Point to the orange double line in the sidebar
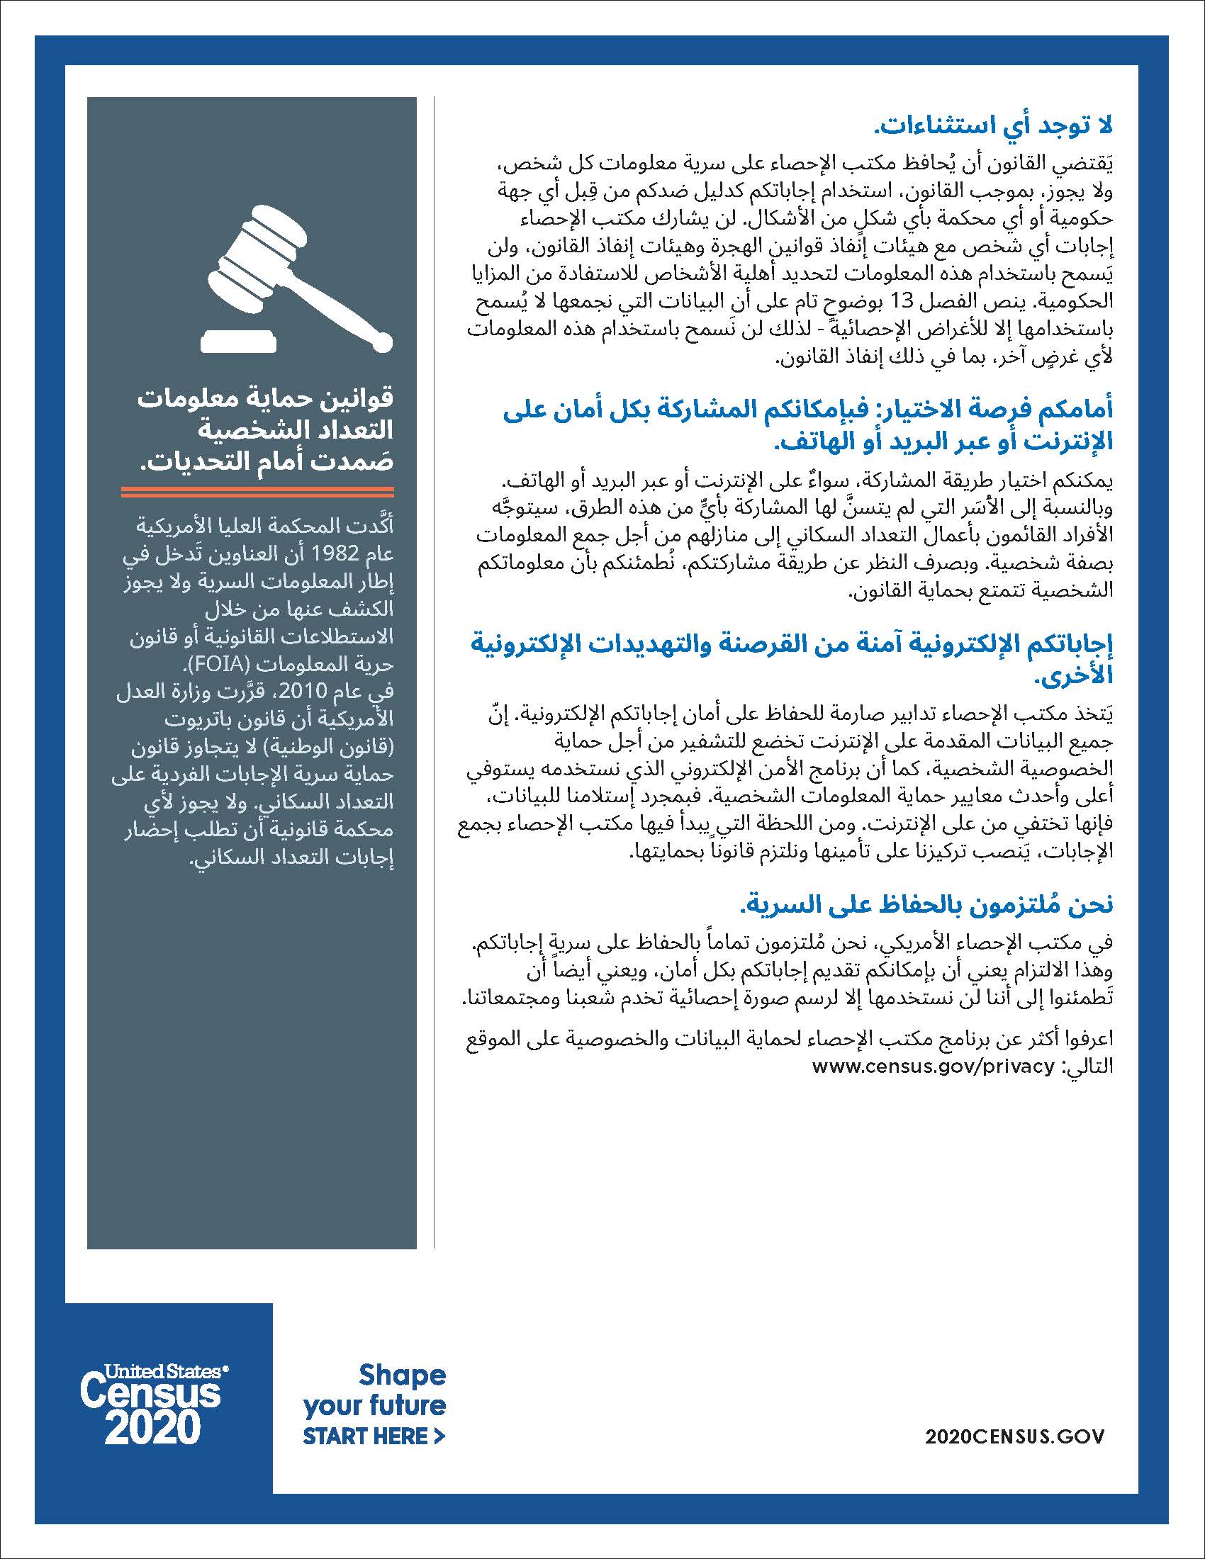tap(258, 491)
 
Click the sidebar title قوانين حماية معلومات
tap(267, 399)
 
